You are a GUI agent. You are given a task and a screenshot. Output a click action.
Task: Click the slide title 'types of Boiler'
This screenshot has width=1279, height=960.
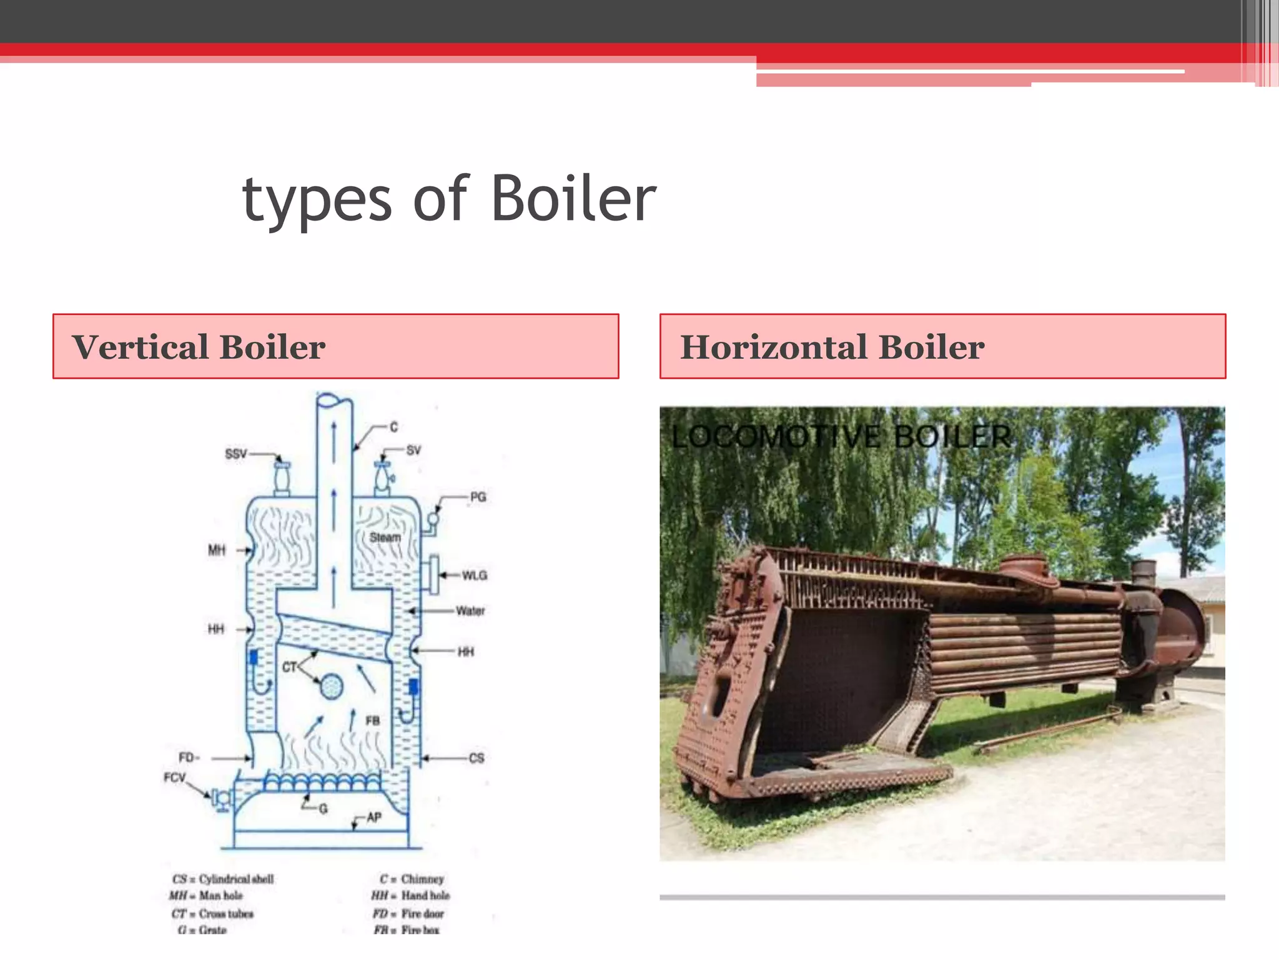click(448, 199)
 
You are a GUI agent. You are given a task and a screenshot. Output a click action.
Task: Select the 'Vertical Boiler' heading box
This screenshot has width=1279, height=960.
click(336, 346)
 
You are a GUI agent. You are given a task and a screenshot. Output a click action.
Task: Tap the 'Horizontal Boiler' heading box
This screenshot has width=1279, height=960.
click(942, 346)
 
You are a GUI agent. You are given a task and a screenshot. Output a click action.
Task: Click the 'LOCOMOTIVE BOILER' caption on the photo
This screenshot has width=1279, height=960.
click(841, 436)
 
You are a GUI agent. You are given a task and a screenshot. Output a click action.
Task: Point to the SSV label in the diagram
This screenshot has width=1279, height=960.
click(236, 454)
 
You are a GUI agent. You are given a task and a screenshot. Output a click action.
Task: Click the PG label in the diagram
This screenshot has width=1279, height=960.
click(478, 497)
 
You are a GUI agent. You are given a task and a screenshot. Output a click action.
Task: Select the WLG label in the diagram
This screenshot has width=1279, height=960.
click(474, 575)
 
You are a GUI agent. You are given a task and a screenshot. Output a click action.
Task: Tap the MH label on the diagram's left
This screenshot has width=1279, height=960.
click(217, 550)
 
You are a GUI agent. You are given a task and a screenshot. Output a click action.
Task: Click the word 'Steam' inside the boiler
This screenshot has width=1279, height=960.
click(385, 537)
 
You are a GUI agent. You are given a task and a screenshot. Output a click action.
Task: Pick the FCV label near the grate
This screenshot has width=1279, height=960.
click(175, 777)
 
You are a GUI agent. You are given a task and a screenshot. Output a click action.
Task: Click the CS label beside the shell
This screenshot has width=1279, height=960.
click(477, 758)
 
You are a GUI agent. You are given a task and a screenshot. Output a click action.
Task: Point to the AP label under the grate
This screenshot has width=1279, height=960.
click(373, 817)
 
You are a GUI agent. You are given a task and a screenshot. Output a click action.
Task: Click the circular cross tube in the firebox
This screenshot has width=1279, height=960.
click(331, 687)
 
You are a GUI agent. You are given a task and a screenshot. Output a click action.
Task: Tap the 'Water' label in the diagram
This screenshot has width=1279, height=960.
click(470, 611)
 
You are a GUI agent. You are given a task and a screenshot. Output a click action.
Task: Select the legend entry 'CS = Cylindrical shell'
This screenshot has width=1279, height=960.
click(223, 879)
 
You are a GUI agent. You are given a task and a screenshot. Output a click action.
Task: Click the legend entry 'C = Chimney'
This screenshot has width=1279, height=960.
click(412, 879)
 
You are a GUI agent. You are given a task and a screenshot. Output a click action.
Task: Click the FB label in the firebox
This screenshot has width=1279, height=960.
click(373, 721)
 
